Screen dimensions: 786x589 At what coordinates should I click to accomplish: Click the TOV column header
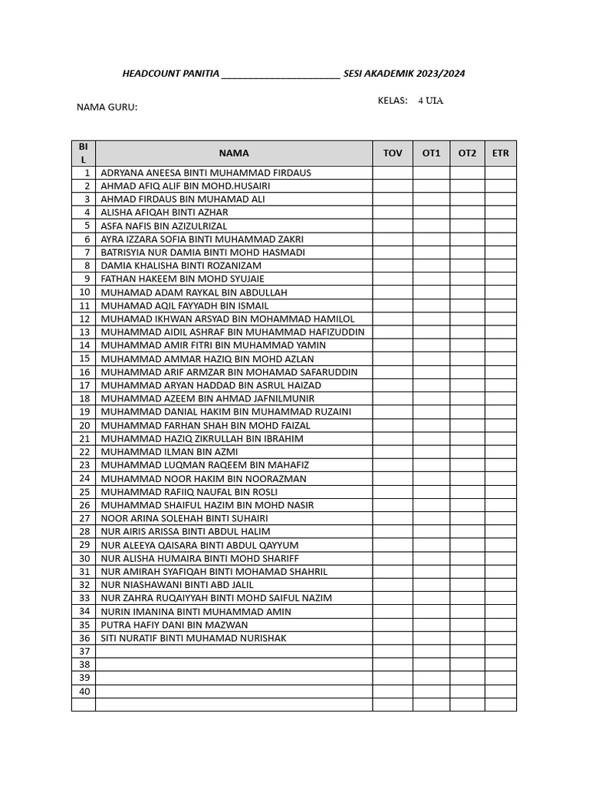393,153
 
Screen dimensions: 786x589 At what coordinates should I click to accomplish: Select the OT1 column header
432,153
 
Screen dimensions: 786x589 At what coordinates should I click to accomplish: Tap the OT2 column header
467,153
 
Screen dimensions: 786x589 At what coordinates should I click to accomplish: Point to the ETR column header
501,153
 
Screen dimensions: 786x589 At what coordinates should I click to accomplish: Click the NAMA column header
234,153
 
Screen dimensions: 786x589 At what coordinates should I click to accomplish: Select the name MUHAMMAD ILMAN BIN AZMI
169,451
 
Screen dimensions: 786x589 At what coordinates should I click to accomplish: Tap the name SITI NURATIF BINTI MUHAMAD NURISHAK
194,638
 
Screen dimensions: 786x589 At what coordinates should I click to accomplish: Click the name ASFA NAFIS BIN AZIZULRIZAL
164,226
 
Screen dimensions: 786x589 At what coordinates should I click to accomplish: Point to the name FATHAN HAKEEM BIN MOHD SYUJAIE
183,279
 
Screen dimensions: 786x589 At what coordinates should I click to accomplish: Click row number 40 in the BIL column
84,691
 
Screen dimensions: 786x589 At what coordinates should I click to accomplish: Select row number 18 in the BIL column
84,398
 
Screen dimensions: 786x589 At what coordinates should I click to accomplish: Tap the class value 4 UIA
430,101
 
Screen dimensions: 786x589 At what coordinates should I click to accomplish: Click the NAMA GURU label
107,107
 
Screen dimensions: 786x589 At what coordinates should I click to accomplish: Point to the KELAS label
393,101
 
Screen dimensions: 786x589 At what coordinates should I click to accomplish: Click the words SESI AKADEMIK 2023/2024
404,74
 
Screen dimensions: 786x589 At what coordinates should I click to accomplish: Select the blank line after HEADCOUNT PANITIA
280,75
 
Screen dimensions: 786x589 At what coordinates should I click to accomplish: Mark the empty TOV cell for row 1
393,173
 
